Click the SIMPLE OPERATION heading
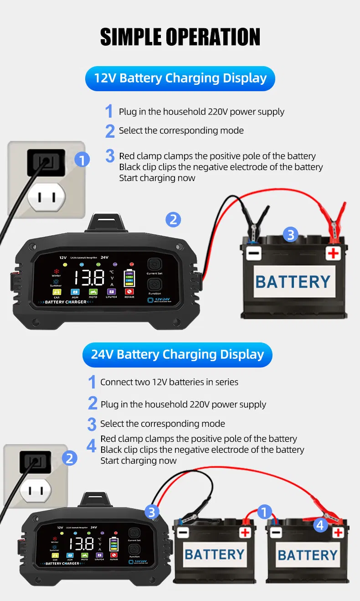[x=180, y=37]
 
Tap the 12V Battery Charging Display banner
[x=180, y=78]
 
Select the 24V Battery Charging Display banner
[x=177, y=354]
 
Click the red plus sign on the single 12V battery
[x=334, y=253]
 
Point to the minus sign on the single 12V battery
[x=254, y=253]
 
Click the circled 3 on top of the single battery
[x=291, y=235]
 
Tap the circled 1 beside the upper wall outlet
[x=82, y=160]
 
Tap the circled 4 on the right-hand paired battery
[x=320, y=525]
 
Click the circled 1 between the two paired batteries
[x=265, y=512]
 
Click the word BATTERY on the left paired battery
[x=215, y=554]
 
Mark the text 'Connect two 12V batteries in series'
[x=169, y=382]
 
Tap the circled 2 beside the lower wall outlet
[x=69, y=458]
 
